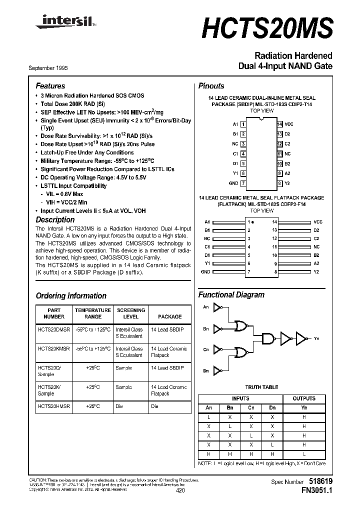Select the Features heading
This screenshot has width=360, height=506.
[50, 86]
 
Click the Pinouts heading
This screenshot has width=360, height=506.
[211, 86]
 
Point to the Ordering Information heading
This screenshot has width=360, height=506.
[71, 296]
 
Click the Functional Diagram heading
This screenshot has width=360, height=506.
[231, 295]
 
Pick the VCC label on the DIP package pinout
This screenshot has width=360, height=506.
[288, 124]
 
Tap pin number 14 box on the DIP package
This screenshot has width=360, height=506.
[280, 124]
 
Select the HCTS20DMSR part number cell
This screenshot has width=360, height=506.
[54, 329]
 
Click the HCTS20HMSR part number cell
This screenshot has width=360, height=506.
[54, 407]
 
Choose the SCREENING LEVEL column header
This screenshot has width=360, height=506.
[130, 313]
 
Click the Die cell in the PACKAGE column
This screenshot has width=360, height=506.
[155, 407]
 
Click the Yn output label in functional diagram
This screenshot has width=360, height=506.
[316, 339]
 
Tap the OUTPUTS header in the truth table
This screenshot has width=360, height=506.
[304, 398]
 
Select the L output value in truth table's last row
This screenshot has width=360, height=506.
[304, 453]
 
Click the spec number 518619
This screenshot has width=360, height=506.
[319, 481]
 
